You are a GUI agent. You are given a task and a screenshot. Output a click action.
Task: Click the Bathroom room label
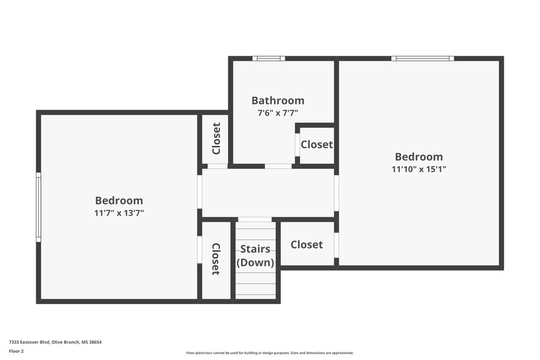277,101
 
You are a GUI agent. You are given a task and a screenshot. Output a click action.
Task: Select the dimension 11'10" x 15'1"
418,169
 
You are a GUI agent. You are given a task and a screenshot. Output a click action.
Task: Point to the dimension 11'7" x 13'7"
119,213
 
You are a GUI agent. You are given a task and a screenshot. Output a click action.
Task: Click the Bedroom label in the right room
418,157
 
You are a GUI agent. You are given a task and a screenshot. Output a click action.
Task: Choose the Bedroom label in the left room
119,201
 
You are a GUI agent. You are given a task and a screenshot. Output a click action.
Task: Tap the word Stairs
255,249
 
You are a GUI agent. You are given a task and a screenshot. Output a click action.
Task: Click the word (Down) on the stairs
255,262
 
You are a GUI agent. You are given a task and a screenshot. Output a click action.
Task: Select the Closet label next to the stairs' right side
306,245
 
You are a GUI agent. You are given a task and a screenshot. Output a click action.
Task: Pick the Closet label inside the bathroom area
317,145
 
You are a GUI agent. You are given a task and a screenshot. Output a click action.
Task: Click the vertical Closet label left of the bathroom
216,138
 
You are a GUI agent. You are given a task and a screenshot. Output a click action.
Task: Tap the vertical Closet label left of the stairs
215,259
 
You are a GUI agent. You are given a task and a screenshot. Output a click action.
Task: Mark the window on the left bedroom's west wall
38,207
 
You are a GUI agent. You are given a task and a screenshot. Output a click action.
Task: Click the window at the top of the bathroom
269,59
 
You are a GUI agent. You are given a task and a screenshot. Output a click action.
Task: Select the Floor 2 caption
16,351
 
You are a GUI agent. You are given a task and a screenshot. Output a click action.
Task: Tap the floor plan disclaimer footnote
269,353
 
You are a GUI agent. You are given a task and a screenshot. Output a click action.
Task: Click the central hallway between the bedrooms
268,192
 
